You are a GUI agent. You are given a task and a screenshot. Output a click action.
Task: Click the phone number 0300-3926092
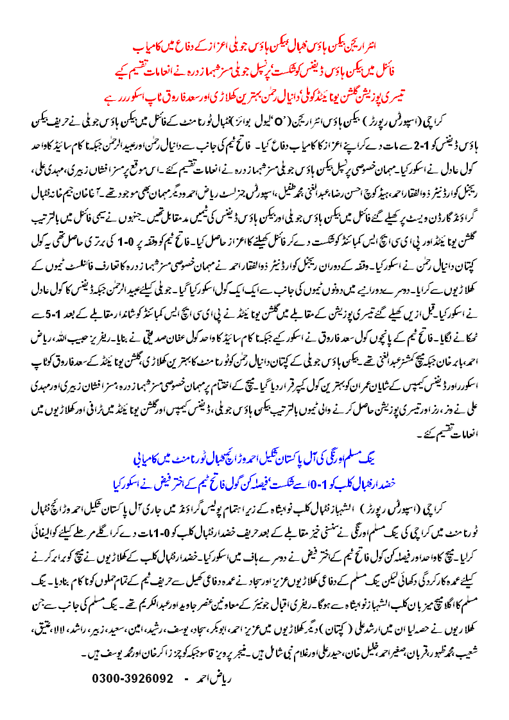pos(133,678)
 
